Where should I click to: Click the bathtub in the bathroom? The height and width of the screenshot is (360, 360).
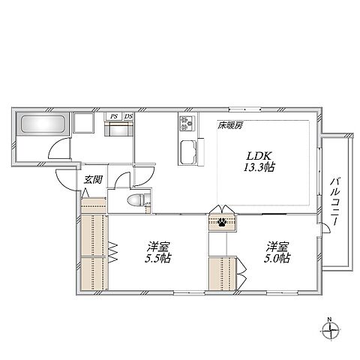pyautogui.click(x=41, y=124)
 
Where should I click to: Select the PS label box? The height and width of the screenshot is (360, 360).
pyautogui.click(x=113, y=116)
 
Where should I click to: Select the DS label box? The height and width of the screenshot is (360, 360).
pyautogui.click(x=128, y=116)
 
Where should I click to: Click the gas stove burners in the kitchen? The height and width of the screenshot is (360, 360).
pyautogui.click(x=186, y=124)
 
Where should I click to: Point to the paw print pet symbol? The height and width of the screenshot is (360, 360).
pyautogui.click(x=222, y=221)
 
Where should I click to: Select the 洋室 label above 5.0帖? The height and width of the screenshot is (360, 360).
pyautogui.click(x=277, y=245)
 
